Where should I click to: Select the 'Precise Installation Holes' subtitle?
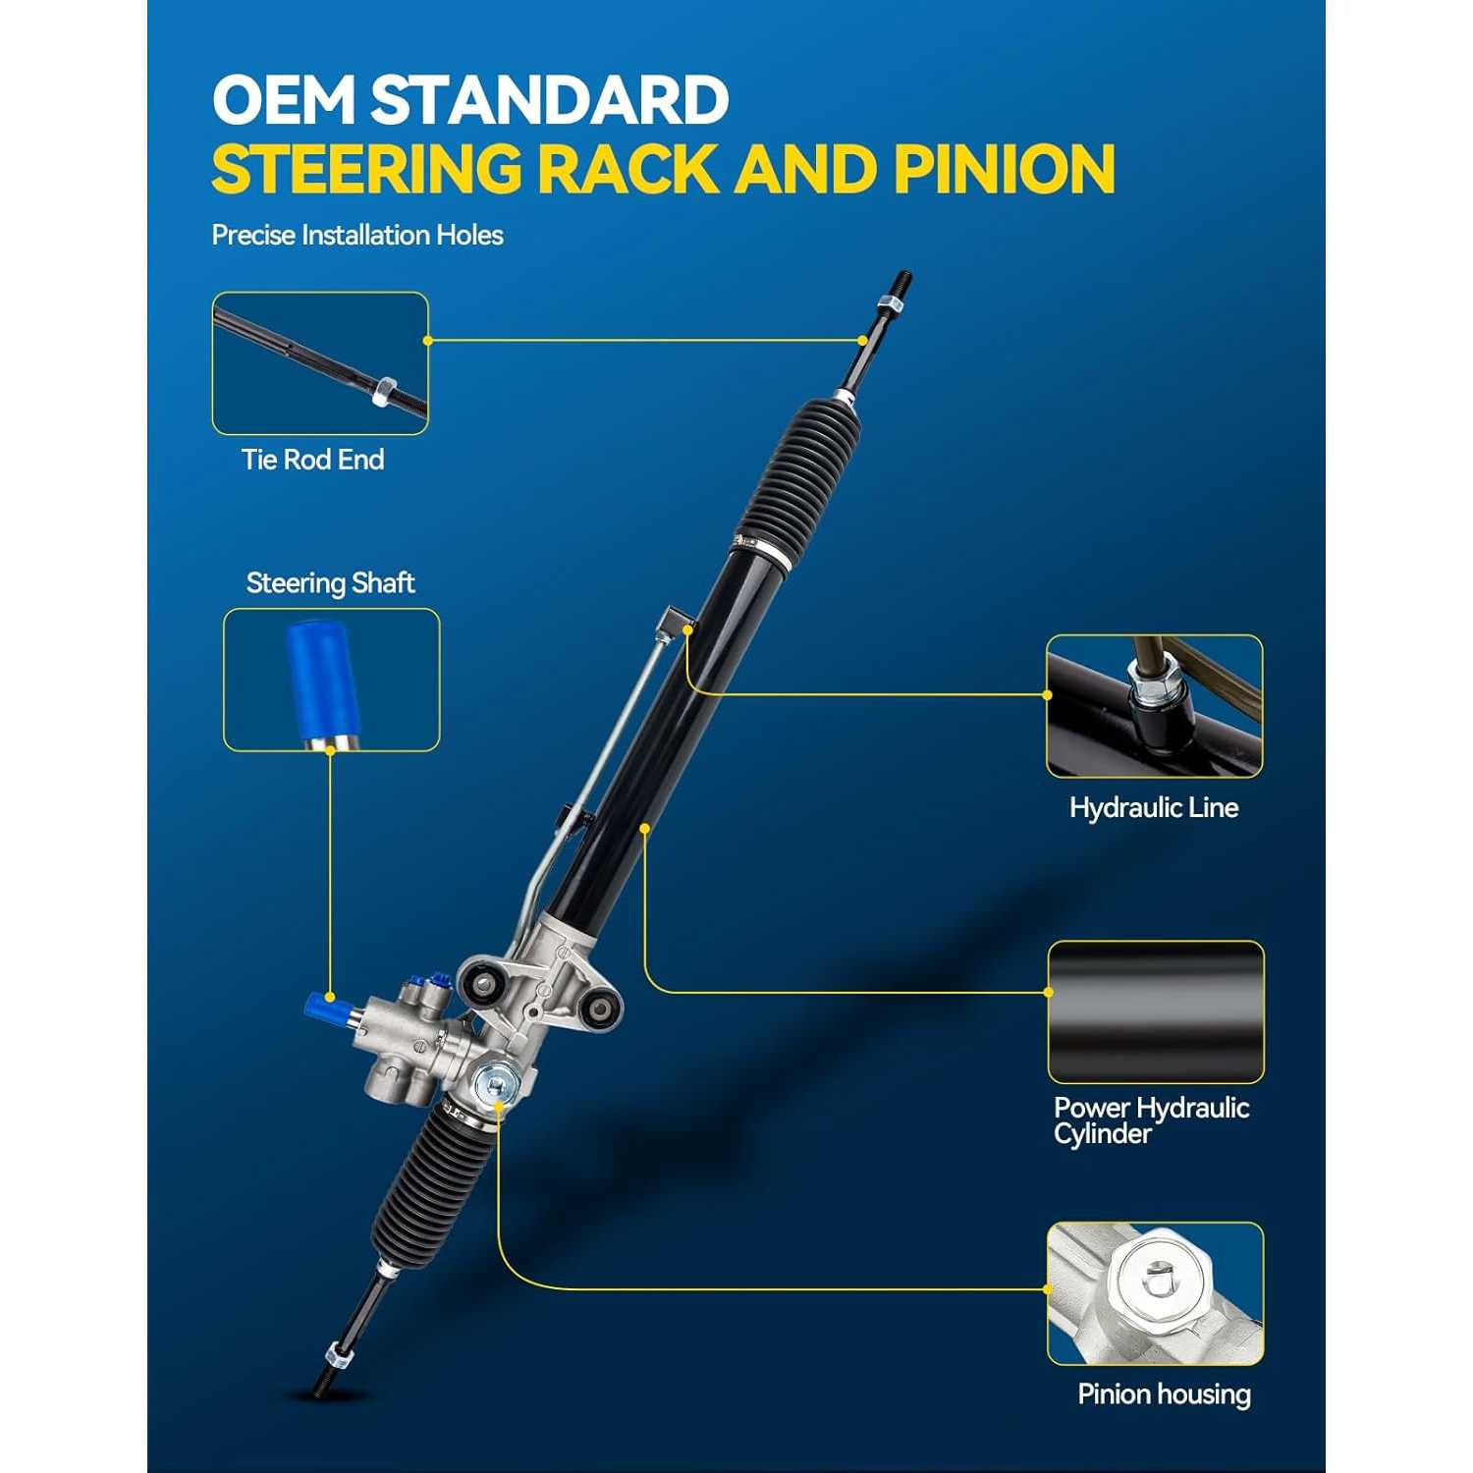click(357, 236)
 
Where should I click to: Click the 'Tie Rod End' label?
click(312, 460)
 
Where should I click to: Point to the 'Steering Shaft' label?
click(330, 583)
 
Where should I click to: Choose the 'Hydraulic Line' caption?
click(1154, 808)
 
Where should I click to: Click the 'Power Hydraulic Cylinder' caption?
click(1151, 1120)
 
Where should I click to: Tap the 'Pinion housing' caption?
click(1164, 1394)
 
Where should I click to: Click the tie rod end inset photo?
click(320, 363)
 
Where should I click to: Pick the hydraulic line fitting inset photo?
click(1155, 706)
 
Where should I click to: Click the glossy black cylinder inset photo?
click(1156, 1012)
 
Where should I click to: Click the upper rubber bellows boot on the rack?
click(796, 481)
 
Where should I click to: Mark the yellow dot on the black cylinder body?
click(645, 829)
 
